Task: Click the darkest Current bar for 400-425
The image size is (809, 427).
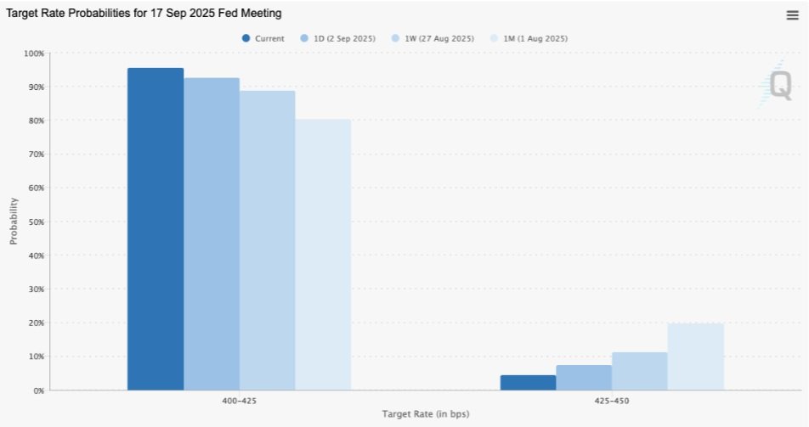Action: click(156, 229)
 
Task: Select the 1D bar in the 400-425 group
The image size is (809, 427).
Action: click(212, 234)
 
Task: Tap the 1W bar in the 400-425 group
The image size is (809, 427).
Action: click(267, 240)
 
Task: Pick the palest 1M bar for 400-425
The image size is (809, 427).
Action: click(323, 255)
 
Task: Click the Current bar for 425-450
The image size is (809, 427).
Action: click(529, 383)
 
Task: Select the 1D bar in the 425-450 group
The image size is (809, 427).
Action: click(584, 378)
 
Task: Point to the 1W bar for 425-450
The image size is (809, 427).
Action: click(640, 371)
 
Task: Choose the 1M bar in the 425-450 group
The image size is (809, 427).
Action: click(695, 357)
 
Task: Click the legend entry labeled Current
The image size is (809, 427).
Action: click(263, 38)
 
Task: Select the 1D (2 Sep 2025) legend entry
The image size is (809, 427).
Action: click(337, 38)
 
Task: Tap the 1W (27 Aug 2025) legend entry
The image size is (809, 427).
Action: click(433, 38)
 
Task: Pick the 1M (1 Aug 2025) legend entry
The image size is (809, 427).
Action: click(529, 38)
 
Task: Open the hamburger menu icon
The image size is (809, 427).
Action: click(793, 15)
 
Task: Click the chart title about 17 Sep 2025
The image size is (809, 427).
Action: click(144, 14)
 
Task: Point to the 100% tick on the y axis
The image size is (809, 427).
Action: click(34, 53)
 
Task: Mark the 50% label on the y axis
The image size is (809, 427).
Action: click(36, 222)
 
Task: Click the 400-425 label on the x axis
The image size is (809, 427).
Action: click(240, 401)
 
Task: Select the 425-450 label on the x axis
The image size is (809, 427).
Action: click(612, 401)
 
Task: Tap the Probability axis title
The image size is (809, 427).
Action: click(14, 222)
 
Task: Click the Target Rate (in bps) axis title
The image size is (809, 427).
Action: click(426, 413)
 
